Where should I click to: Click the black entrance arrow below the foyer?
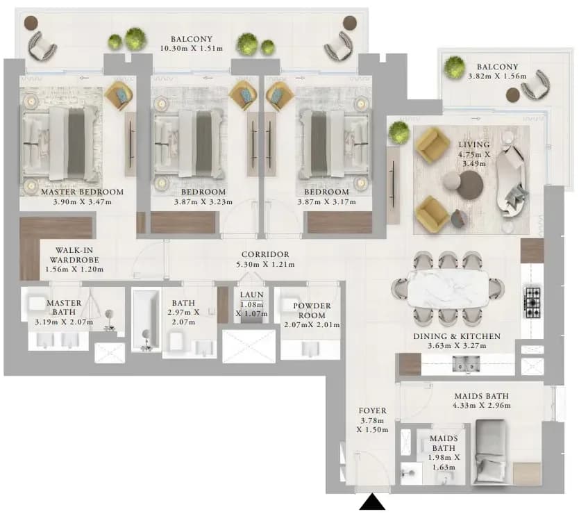pos(373,503)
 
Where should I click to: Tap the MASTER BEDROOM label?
pos(83,192)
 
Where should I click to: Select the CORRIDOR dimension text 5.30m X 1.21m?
pos(265,265)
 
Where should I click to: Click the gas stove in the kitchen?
pos(532,303)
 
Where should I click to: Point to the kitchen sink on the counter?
pos(466,365)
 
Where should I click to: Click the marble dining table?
pos(448,288)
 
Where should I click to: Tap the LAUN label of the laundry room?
pos(252,295)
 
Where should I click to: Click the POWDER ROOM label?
pos(312,310)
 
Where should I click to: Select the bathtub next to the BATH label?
pos(146,320)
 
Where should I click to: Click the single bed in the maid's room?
pos(490,451)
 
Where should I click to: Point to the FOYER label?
pos(373,411)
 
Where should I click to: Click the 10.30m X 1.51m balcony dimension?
pos(192,49)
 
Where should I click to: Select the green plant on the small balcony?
pos(454,67)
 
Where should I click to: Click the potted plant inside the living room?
pos(398,133)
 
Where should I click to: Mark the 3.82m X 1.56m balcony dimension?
pos(497,76)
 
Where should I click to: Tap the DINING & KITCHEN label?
pos(457,337)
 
